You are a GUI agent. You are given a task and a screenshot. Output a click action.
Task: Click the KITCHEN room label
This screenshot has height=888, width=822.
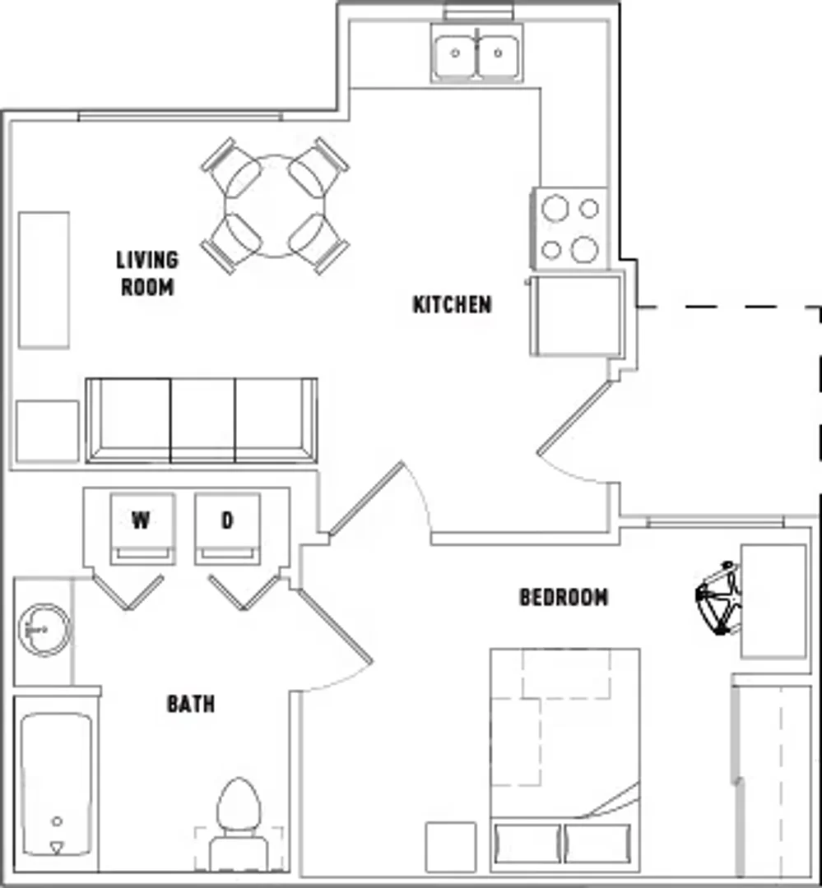452,305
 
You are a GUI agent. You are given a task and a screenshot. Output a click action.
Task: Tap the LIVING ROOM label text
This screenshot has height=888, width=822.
147,274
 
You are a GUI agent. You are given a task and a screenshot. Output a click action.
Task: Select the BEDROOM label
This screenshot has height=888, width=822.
564,598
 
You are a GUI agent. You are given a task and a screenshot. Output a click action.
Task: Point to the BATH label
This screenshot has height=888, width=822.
191,704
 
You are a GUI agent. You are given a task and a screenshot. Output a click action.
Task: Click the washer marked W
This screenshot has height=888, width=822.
142,529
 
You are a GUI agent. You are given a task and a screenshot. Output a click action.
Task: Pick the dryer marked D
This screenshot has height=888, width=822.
227,529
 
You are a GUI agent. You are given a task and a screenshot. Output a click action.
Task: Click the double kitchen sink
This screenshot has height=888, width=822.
476,53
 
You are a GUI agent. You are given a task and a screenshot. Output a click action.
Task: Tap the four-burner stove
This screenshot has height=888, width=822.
569,229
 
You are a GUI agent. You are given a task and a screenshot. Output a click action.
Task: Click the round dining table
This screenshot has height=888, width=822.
275,206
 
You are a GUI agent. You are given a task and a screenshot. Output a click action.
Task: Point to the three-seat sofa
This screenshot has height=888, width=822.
202,420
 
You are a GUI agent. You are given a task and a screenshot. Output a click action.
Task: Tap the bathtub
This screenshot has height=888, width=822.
56,784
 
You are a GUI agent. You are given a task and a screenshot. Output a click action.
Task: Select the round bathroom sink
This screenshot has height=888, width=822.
44,630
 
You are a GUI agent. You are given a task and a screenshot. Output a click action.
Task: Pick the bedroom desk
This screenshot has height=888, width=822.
773,601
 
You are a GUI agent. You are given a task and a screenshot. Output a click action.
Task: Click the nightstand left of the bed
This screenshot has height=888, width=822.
451,847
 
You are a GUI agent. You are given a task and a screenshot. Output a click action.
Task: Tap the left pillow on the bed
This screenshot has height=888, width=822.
527,844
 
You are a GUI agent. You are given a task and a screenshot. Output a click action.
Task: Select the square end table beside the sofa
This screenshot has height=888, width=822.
47,432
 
